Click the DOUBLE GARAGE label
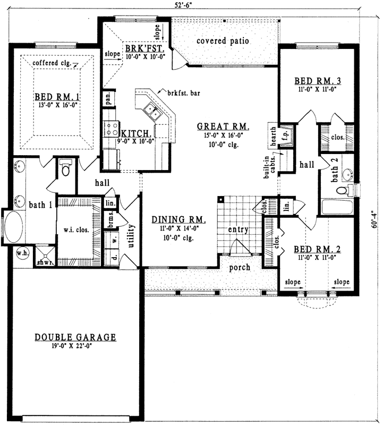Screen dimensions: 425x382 coord(75,337)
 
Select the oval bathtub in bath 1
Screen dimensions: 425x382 coord(13,227)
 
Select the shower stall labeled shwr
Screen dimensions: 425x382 coord(42,256)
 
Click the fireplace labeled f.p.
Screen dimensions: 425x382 coord(285,133)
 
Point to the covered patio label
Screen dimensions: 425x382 coord(223,41)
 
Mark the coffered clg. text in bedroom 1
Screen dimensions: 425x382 coord(52,63)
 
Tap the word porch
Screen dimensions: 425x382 coord(239,268)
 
